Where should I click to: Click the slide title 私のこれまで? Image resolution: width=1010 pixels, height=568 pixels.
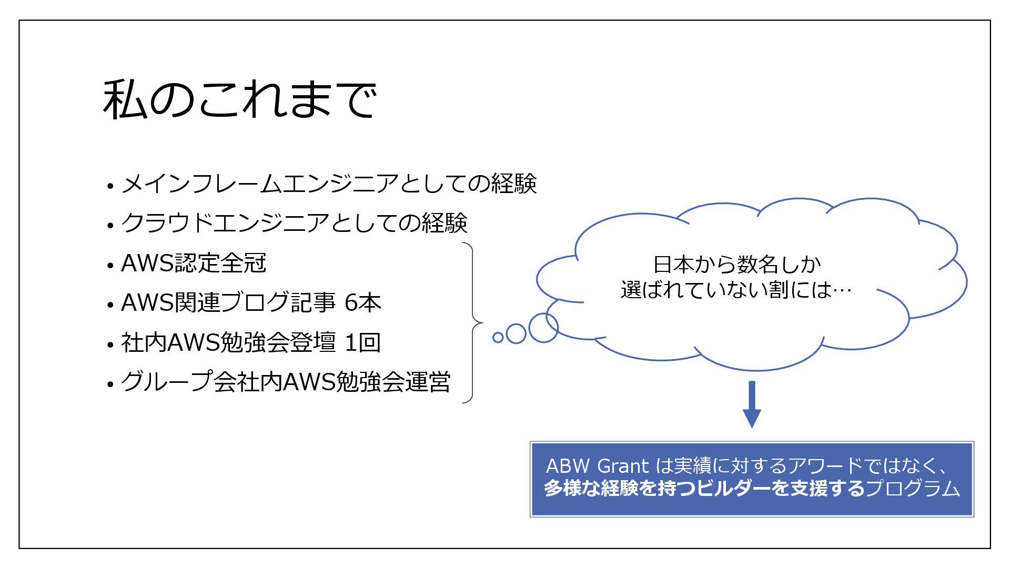[239, 99]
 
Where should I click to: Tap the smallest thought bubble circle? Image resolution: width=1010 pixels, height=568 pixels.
[498, 337]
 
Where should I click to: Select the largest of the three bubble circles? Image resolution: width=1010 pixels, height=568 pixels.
[543, 328]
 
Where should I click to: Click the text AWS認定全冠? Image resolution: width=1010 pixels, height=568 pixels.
[194, 263]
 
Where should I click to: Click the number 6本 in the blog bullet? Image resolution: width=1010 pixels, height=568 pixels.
[362, 303]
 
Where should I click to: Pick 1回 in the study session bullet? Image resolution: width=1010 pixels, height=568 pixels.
[362, 343]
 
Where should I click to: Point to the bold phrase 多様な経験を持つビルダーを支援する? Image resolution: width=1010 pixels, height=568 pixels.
[704, 489]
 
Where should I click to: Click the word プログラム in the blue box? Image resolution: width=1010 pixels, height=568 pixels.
[913, 489]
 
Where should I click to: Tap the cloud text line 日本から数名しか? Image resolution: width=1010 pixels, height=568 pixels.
[736, 265]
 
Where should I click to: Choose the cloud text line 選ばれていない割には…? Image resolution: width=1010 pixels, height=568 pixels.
[736, 290]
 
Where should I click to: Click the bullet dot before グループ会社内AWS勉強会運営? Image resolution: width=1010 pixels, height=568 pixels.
[110, 384]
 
